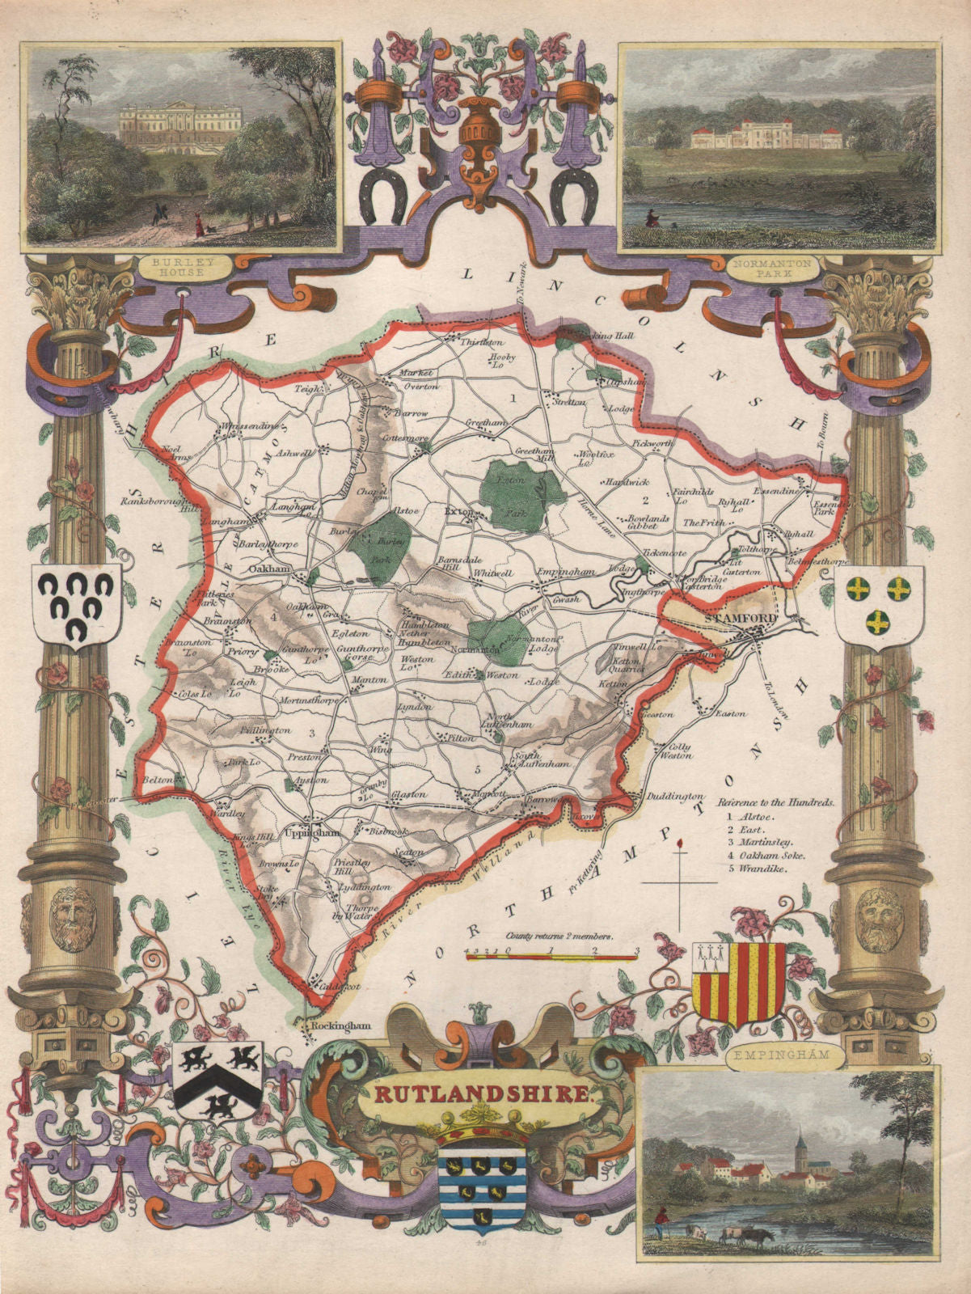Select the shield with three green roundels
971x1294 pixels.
tap(879, 603)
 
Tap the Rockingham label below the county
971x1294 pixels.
tap(342, 1025)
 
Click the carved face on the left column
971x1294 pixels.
tap(70, 919)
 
